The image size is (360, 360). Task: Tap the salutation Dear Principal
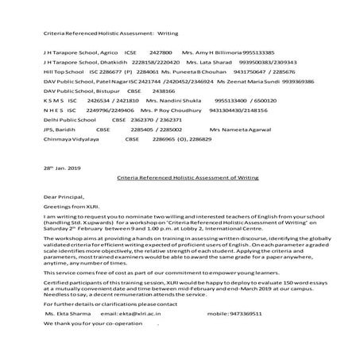[62, 195]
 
